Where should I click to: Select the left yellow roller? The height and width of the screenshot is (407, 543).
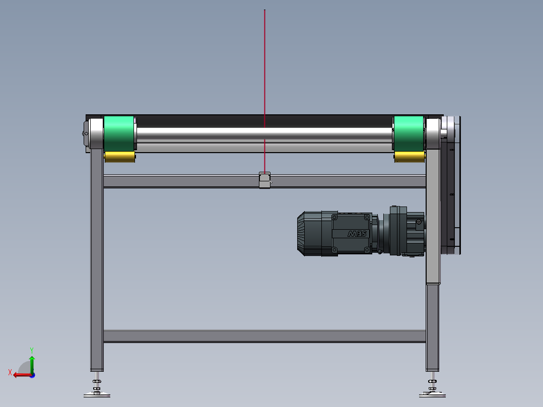(x=120, y=157)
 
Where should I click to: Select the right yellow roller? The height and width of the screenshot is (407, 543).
(x=409, y=157)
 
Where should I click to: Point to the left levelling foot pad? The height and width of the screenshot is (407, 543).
(x=97, y=394)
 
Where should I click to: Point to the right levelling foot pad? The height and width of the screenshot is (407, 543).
(x=432, y=394)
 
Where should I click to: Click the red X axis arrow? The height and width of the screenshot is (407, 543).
(x=20, y=374)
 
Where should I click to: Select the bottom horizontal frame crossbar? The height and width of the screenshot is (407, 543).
(x=264, y=336)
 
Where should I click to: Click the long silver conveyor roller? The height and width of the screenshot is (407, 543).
(x=264, y=135)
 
